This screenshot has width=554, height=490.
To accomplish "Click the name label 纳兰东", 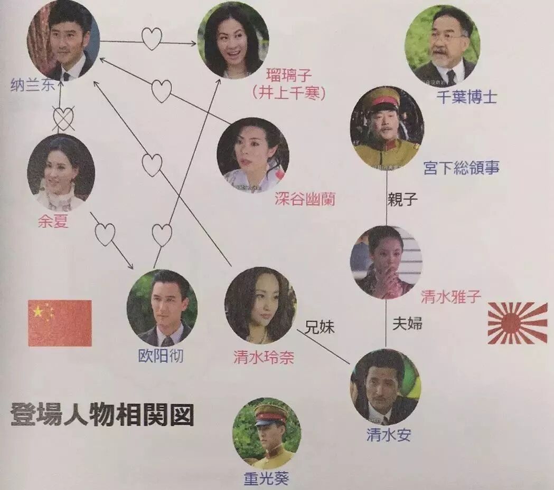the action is point(32,85).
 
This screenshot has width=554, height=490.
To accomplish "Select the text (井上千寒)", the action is point(288,93).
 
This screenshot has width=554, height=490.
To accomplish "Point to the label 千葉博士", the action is point(467,97).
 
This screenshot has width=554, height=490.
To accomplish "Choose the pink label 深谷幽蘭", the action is point(305,199).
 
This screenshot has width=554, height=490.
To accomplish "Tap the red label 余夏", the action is point(53,222).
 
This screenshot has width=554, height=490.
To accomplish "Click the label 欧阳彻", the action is point(161,356).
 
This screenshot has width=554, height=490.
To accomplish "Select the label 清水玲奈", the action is point(264,358).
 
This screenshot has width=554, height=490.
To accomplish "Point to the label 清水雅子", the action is point(451,297).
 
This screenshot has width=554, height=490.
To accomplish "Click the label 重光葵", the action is point(267,478).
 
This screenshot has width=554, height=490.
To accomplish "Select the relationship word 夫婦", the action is point(407,323).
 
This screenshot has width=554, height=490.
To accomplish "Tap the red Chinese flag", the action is point(60,323).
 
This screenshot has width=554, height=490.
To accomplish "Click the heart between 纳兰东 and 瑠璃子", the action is point(151,39).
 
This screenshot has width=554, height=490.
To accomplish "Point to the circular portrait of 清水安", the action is point(385,387).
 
